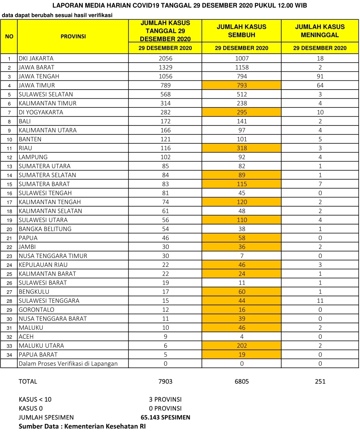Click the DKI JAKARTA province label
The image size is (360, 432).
pyautogui.click(x=36, y=58)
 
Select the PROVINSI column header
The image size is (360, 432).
pyautogui.click(x=73, y=36)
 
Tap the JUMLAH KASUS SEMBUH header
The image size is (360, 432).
pyautogui.click(x=241, y=31)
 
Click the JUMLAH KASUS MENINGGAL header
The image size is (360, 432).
pyautogui.click(x=320, y=31)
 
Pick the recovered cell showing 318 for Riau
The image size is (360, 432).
pyautogui.click(x=242, y=148)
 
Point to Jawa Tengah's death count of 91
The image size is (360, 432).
pyautogui.click(x=320, y=76)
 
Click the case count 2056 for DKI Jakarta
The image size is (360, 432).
pyautogui.click(x=165, y=58)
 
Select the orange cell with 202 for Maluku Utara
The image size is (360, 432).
pyautogui.click(x=242, y=346)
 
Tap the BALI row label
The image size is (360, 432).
pyautogui.click(x=25, y=121)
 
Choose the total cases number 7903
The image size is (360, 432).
pyautogui.click(x=165, y=381)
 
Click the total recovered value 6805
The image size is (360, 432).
pyautogui.click(x=242, y=381)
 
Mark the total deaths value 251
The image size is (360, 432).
pyautogui.click(x=320, y=381)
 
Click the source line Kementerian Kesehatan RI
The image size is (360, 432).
pyautogui.click(x=82, y=426)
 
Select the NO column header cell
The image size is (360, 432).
pyautogui.click(x=9, y=36)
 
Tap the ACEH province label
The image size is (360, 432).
pyautogui.click(x=26, y=337)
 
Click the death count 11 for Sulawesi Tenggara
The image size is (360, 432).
pyautogui.click(x=320, y=301)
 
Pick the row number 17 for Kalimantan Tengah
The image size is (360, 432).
pyautogui.click(x=9, y=202)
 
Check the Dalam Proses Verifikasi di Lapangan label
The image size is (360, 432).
pyautogui.click(x=68, y=364)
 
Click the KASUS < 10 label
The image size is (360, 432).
pyautogui.click(x=35, y=399)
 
